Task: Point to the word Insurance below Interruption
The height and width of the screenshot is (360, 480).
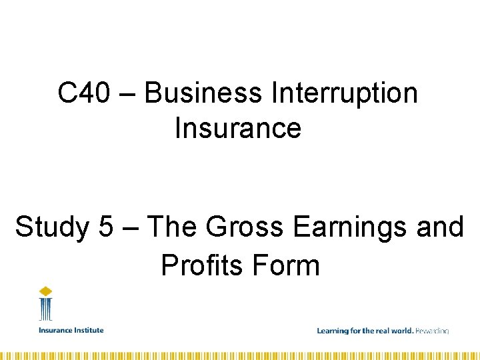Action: pyautogui.click(x=238, y=128)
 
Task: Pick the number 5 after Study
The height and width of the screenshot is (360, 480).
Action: pyautogui.click(x=105, y=228)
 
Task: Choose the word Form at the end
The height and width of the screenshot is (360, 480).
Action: pyautogui.click(x=286, y=265)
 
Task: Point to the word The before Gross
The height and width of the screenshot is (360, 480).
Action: pyautogui.click(x=173, y=228)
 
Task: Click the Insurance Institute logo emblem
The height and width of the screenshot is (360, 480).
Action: pyautogui.click(x=45, y=305)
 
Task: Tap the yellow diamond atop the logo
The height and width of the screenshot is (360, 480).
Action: pyautogui.click(x=45, y=291)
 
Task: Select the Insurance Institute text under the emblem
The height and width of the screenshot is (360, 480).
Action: pyautogui.click(x=71, y=330)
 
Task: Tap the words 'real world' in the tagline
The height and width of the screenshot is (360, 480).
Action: pyautogui.click(x=395, y=331)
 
